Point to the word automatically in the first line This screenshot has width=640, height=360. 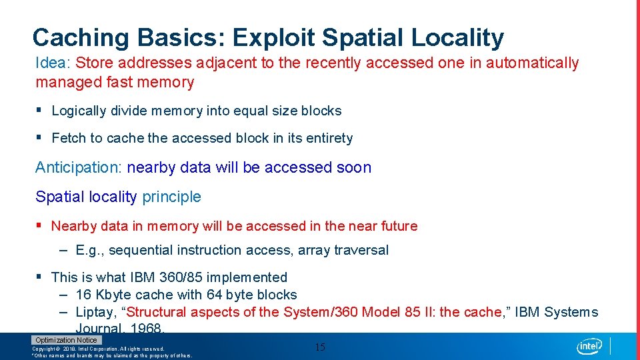click(532, 63)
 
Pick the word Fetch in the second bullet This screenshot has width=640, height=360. click(69, 138)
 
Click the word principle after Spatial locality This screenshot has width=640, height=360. click(171, 197)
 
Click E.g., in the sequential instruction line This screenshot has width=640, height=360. click(90, 251)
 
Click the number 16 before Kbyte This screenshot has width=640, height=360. click(84, 295)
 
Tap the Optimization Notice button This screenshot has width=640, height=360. click(66, 340)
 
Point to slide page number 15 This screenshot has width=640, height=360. click(320, 347)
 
